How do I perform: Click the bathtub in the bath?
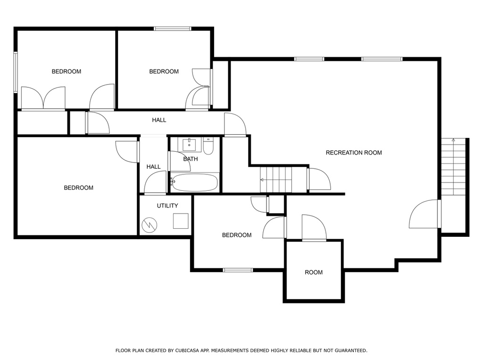tap(195, 182)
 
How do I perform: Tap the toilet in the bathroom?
tap(208, 146)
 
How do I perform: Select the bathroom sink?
tap(189, 145)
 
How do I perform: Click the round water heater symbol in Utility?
tap(150, 225)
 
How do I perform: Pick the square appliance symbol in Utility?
tap(181, 221)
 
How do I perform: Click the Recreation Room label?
tap(354, 153)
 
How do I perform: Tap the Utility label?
tap(167, 206)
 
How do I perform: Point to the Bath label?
tap(191, 159)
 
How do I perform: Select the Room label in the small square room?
tap(314, 272)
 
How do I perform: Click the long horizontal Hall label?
tap(159, 120)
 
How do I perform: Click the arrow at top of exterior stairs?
tap(453, 140)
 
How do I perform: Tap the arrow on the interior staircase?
tap(262, 179)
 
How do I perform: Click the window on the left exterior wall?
tap(16, 72)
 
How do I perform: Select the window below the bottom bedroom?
tap(238, 270)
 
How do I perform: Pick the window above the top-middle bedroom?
tap(173, 29)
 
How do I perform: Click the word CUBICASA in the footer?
tap(186, 350)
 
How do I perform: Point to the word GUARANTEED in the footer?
tap(351, 350)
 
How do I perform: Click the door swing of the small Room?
tap(314, 227)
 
